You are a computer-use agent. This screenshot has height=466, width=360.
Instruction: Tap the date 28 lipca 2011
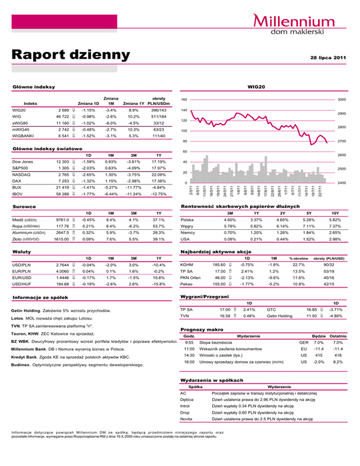pos(327,58)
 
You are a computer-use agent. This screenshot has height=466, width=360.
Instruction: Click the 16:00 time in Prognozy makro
pos(188,349)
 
